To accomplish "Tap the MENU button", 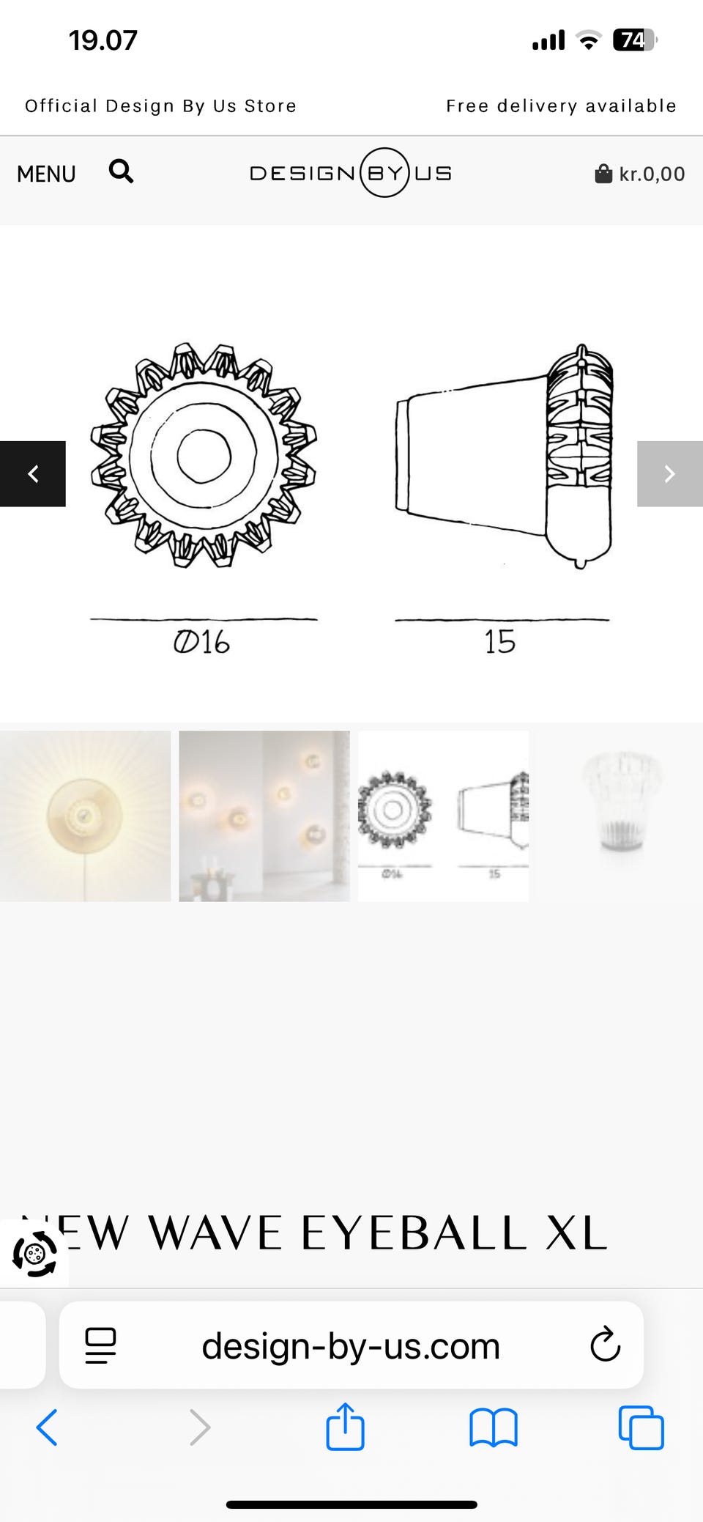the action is (46, 174).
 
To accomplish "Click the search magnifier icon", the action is (121, 171).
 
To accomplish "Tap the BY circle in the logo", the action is (384, 172).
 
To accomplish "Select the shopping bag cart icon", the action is (603, 174).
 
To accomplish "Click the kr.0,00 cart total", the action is (652, 174).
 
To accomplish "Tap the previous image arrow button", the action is (33, 474).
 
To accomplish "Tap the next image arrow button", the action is (670, 474).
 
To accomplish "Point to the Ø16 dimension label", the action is (201, 643).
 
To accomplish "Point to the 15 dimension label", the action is (500, 642).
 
